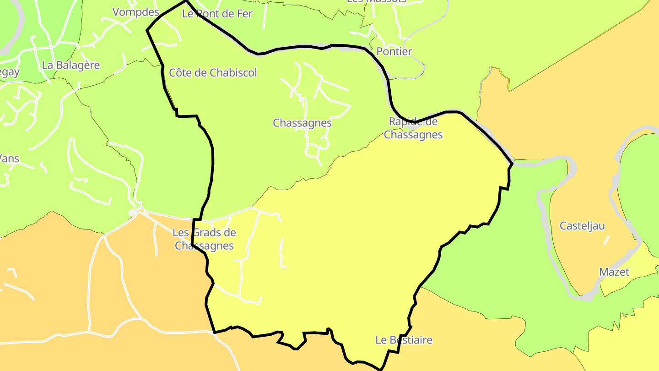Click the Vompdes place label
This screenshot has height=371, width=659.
tap(135, 12)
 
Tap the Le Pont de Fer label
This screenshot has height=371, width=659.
tap(217, 14)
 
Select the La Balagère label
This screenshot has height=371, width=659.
tap(70, 65)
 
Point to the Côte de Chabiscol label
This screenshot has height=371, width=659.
tap(213, 72)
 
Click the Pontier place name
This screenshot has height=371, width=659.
tap(394, 51)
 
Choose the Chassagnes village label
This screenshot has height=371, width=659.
tap(302, 123)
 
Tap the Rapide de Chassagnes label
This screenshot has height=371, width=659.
tap(413, 128)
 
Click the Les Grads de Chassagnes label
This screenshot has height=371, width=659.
tap(204, 239)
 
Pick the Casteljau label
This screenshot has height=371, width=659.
tap(582, 226)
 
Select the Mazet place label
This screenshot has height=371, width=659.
tap(614, 272)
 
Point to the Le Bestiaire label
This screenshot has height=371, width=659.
tap(404, 340)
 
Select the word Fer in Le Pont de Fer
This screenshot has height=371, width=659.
tap(244, 14)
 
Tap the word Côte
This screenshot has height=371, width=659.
tap(179, 72)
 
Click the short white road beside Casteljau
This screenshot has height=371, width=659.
tap(606, 240)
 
